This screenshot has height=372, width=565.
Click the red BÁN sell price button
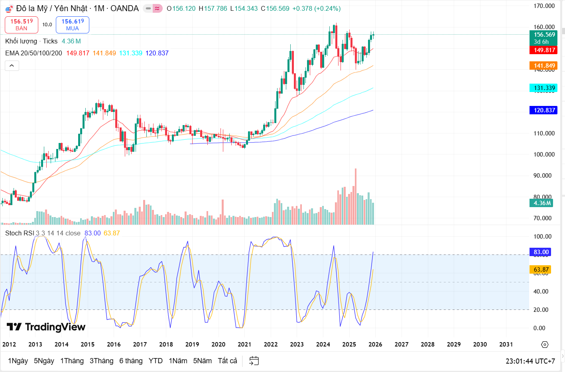point(22,25)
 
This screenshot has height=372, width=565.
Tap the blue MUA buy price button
point(73,25)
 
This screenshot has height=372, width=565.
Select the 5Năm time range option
point(202,361)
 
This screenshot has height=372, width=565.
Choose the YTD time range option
point(156,361)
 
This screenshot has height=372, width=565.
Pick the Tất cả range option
point(227,361)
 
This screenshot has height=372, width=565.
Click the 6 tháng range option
point(131,361)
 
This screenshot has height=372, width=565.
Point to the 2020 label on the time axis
point(218,345)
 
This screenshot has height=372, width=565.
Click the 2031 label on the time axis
point(506,345)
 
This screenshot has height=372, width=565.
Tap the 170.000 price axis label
point(544,6)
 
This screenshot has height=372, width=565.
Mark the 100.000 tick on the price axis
point(544,155)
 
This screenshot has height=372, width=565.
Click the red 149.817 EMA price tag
point(544,50)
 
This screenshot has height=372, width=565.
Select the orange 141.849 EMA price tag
point(544,66)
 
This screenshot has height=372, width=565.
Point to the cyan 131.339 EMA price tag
point(544,88)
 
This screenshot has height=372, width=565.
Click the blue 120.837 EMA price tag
point(544,110)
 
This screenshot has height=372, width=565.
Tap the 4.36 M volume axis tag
point(542,203)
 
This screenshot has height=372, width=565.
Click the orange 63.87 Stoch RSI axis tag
point(541,270)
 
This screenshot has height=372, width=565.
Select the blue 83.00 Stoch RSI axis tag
point(541,252)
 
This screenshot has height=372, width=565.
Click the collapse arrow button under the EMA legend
point(12,66)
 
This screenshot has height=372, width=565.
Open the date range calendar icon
point(254,361)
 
